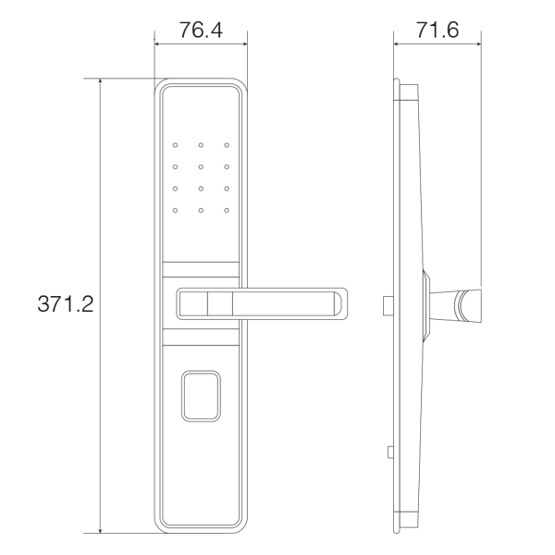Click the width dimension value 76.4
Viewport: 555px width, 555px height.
(201, 30)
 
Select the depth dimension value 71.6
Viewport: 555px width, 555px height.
(438, 30)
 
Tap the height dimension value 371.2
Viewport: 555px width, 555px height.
(65, 304)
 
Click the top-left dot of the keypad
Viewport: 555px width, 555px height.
(174, 145)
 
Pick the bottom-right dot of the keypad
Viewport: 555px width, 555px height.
(225, 211)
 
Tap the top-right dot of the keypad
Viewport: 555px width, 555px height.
(225, 145)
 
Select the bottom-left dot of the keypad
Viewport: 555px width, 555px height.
(174, 211)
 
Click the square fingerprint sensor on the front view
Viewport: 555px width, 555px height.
(201, 395)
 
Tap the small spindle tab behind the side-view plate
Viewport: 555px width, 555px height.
(388, 303)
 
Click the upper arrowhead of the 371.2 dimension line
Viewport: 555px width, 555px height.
(99, 82)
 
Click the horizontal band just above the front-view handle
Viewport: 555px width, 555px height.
(201, 271)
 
